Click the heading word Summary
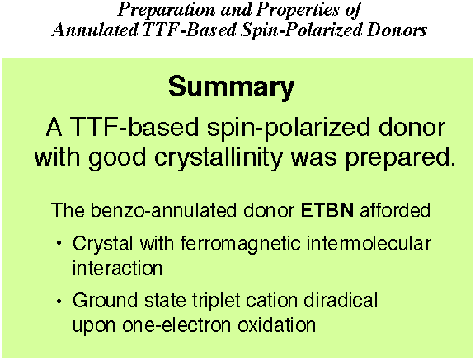pyautogui.click(x=231, y=88)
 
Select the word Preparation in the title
pyautogui.click(x=166, y=10)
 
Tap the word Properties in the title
pyautogui.click(x=298, y=10)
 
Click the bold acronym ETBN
pyautogui.click(x=327, y=211)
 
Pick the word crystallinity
pyautogui.click(x=219, y=158)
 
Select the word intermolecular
pyautogui.click(x=369, y=244)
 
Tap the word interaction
pyautogui.click(x=118, y=268)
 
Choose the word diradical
pyautogui.click(x=341, y=301)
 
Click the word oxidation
pyautogui.click(x=276, y=325)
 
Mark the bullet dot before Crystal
pyautogui.click(x=59, y=244)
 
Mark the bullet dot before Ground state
pyautogui.click(x=59, y=301)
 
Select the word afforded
pyautogui.click(x=395, y=210)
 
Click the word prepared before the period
pyautogui.click(x=397, y=158)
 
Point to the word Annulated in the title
pyautogui.click(x=95, y=30)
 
